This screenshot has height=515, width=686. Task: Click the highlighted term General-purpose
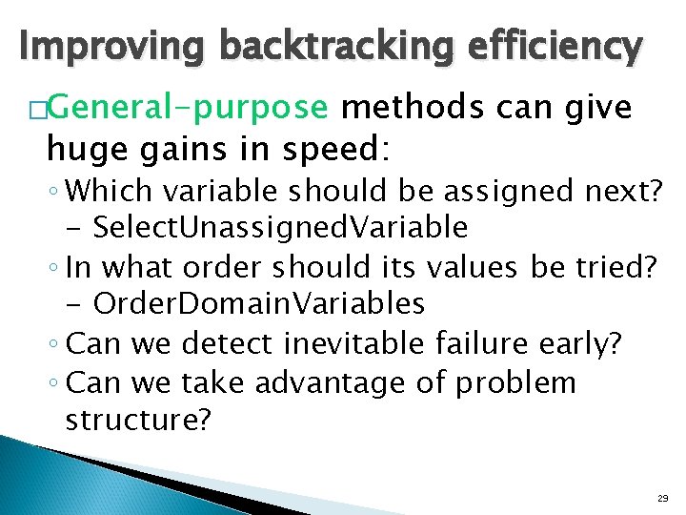[x=186, y=110]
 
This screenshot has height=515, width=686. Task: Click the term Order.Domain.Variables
[x=259, y=303]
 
